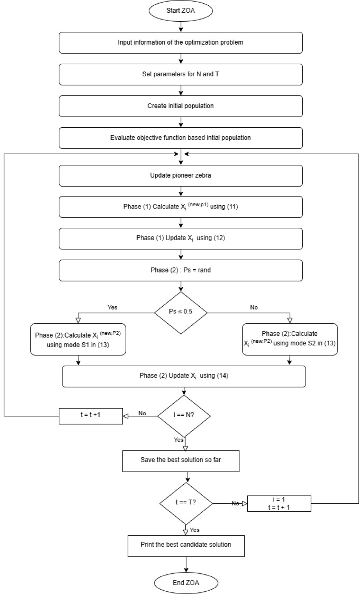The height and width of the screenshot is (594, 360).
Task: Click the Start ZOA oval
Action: tap(181, 10)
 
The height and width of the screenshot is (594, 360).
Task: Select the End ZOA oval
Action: tap(186, 582)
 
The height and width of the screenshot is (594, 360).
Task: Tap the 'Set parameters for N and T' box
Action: tap(181, 74)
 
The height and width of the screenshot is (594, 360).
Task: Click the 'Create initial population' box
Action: tap(181, 106)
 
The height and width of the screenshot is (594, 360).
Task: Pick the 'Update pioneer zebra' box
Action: tap(181, 175)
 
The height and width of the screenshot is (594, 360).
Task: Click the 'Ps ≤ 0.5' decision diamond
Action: tap(181, 312)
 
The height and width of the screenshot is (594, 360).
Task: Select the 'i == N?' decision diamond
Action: tap(184, 415)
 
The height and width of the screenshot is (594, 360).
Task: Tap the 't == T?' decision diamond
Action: tap(186, 503)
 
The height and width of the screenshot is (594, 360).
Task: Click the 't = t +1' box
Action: tap(91, 415)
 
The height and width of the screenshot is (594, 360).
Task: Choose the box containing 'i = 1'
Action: tap(279, 503)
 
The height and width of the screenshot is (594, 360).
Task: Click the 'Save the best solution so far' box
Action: tap(181, 460)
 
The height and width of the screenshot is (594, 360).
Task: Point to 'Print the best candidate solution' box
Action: tap(186, 545)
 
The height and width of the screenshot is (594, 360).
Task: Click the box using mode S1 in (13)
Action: tap(78, 339)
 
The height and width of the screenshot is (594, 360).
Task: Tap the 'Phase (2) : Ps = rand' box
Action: tap(181, 270)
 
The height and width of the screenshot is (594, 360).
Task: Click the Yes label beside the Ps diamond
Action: tap(112, 307)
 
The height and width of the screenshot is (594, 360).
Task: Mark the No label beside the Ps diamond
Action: tap(254, 307)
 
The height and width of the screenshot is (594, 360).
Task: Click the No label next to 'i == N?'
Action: tap(142, 413)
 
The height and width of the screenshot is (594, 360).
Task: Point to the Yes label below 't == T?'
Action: tap(195, 530)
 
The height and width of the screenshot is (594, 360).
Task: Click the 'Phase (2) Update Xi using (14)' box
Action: tap(184, 376)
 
